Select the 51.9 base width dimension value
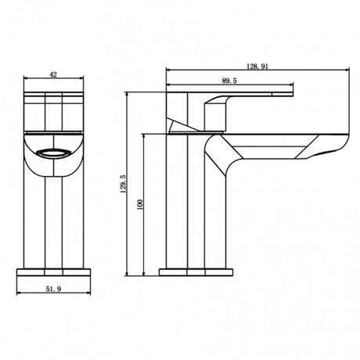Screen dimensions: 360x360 54,289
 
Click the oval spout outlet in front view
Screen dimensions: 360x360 54,151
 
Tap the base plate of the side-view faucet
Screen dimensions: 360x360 195,273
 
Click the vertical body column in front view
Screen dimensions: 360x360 54,219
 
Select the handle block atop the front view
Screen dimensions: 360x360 54,110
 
